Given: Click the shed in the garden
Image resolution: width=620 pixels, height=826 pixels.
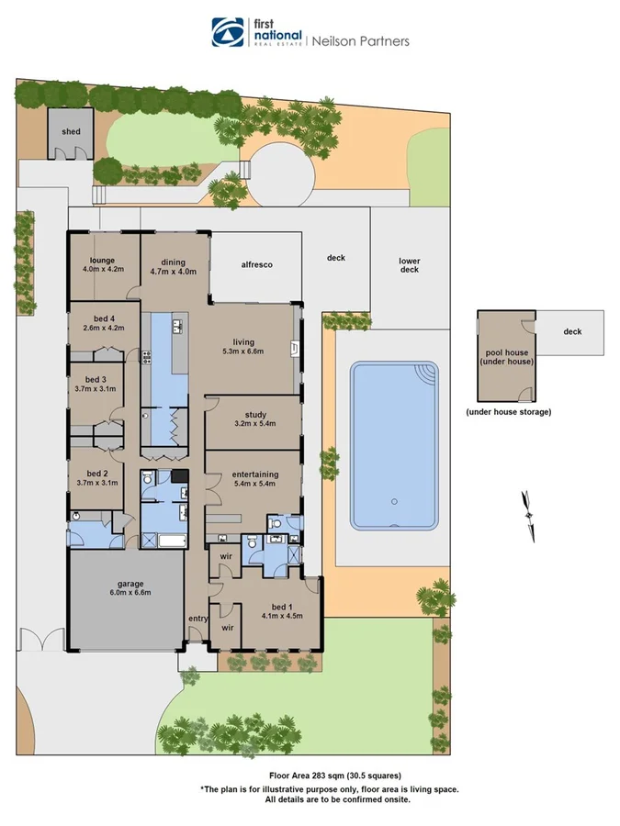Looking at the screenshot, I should click(71, 132).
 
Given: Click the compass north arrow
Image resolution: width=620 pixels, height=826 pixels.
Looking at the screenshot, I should click(528, 515).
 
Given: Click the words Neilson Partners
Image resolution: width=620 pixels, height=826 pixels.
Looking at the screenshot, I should click(361, 40).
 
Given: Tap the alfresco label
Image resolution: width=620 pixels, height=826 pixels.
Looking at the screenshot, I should click(257, 264).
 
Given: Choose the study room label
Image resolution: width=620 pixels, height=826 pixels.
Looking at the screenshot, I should click(255, 413).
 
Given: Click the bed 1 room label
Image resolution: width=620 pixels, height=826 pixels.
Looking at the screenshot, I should click(284, 608).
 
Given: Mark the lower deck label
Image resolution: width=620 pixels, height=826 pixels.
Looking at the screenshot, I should click(409, 265).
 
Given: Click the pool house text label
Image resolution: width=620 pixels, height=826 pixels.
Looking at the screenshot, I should click(508, 357).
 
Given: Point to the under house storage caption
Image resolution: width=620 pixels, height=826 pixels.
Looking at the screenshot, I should click(508, 412).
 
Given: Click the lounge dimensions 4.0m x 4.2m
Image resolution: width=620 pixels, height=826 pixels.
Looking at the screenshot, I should click(103, 270).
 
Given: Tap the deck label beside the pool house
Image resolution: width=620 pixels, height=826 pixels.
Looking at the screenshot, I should click(572, 332).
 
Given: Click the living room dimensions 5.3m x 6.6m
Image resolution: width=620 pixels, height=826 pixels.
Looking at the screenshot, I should click(242, 351).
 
